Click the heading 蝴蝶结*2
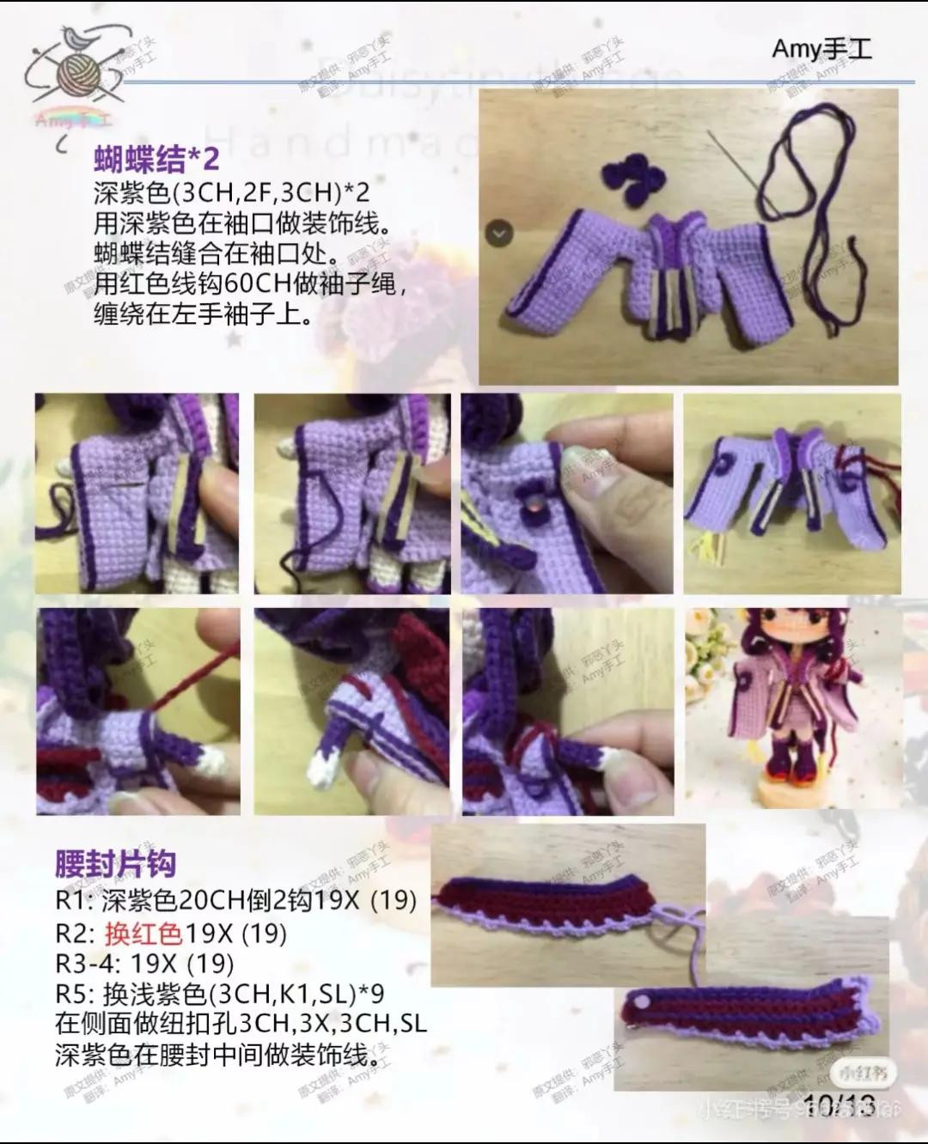[156, 158]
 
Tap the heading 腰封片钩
[115, 863]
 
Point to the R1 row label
[71, 901]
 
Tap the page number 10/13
[839, 1105]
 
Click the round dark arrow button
[500, 232]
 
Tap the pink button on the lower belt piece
[641, 1003]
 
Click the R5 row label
[71, 994]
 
